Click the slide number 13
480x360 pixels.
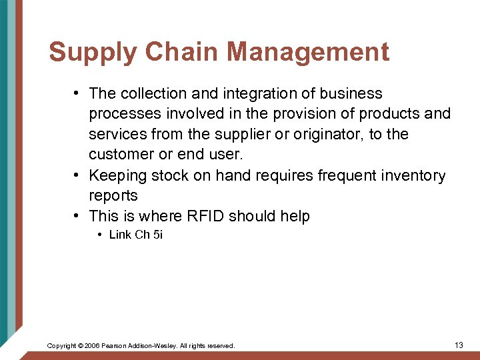click(458, 345)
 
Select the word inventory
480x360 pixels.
click(412, 176)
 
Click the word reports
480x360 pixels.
click(113, 196)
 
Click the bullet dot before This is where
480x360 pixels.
click(77, 216)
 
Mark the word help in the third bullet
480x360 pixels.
click(295, 217)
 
